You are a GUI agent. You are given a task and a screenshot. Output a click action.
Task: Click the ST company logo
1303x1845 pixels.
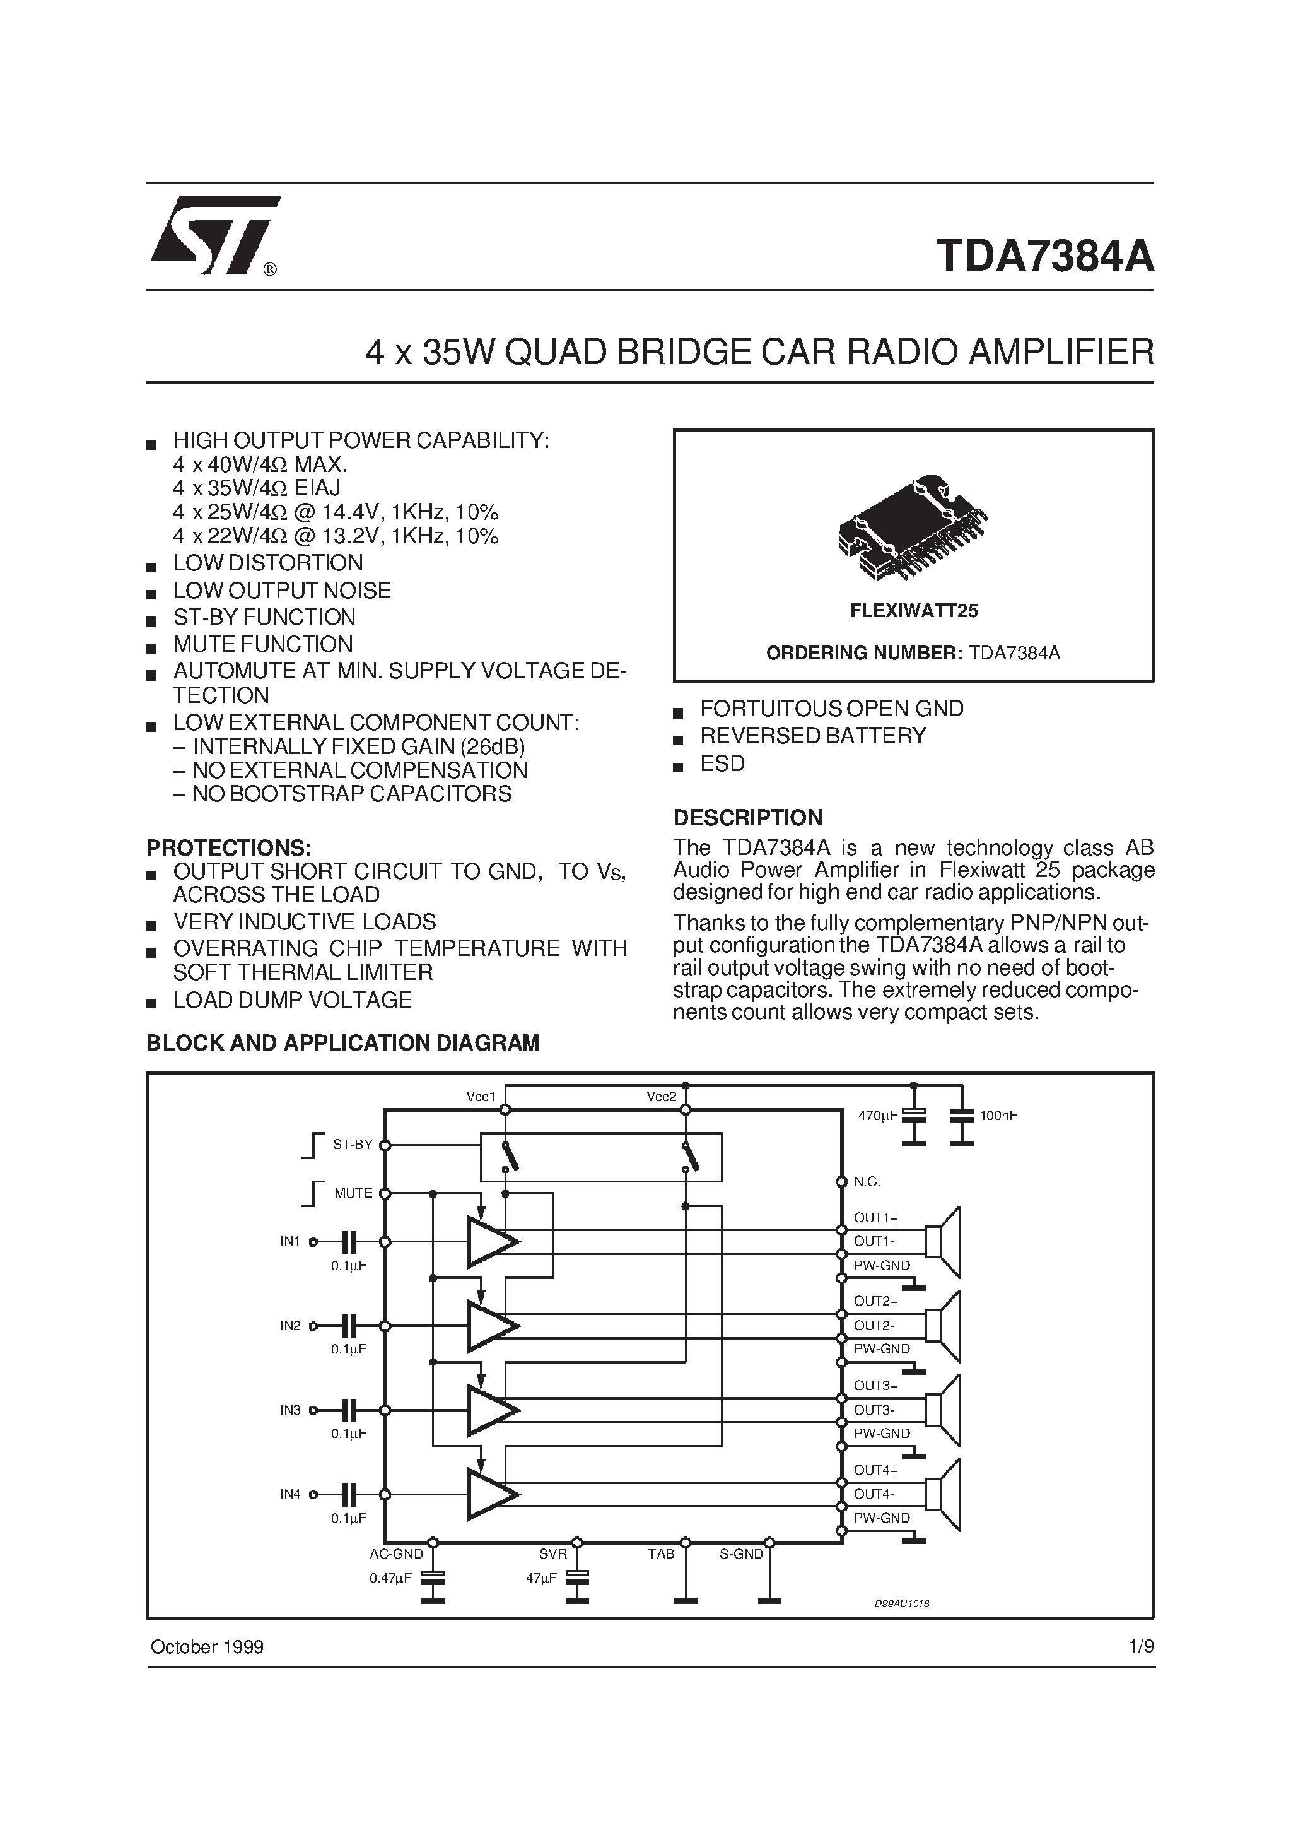[x=214, y=235]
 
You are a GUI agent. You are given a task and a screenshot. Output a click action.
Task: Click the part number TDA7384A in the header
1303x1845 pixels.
[x=1044, y=256]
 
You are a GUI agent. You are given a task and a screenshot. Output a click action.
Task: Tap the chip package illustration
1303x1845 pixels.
[x=912, y=528]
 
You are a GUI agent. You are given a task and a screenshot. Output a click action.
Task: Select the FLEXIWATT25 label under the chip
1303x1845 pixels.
[x=913, y=611]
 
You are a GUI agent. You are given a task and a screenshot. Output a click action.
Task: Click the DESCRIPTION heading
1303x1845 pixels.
[x=747, y=817]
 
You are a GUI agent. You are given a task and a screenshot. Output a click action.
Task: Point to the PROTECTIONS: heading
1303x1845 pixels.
[x=228, y=848]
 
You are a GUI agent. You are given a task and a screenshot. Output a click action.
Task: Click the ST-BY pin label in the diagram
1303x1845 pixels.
[x=353, y=1144]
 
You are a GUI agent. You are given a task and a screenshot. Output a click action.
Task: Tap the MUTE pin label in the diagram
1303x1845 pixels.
[x=353, y=1193]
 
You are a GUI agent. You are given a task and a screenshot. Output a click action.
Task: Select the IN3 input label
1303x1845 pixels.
[x=290, y=1410]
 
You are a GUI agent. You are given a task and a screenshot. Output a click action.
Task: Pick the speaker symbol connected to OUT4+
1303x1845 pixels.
[x=944, y=1495]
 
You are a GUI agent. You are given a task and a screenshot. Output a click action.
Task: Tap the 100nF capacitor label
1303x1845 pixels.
[x=998, y=1116]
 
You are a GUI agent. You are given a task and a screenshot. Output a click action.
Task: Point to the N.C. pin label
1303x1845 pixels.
[x=867, y=1181]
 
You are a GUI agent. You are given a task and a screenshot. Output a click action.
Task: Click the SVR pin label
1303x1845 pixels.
[x=552, y=1554]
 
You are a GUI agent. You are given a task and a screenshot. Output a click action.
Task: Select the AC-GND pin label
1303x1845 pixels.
[x=396, y=1554]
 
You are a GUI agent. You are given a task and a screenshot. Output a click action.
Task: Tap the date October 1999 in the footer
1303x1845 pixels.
[x=207, y=1646]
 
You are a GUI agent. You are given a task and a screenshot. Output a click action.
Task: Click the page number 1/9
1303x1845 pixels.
[x=1141, y=1646]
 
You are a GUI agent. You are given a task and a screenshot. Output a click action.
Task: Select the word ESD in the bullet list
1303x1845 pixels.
[x=722, y=763]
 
